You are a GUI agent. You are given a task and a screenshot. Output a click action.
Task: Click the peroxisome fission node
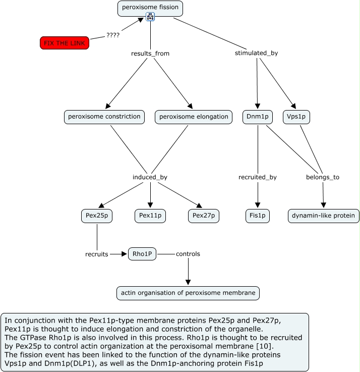150,8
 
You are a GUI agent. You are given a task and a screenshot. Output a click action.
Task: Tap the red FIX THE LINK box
65,43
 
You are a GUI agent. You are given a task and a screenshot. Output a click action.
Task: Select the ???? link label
113,35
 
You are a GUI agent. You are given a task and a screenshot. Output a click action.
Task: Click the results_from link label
150,53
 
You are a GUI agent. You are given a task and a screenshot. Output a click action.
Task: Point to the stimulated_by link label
256,53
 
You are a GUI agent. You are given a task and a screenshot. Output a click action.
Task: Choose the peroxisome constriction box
104,117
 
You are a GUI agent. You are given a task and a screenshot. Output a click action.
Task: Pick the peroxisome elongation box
194,117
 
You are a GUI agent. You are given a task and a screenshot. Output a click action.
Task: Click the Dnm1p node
258,117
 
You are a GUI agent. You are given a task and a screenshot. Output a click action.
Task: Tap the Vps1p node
296,117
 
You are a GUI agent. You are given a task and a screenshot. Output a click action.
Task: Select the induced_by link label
150,177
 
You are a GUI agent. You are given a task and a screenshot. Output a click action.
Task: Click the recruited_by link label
258,177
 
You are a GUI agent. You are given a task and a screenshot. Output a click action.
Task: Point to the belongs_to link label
323,177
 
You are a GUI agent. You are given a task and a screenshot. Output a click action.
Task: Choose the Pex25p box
97,216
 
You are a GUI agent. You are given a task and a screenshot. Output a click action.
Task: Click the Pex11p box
150,216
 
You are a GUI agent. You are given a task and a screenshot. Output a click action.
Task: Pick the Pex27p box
204,216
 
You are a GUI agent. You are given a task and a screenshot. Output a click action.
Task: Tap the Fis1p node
258,216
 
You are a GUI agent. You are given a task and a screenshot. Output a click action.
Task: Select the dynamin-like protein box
324,216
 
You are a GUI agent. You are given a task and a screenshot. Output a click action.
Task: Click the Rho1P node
142,254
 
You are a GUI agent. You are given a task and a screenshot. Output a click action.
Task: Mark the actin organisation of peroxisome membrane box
188,293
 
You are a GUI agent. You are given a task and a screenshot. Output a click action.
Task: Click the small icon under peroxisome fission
150,17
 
